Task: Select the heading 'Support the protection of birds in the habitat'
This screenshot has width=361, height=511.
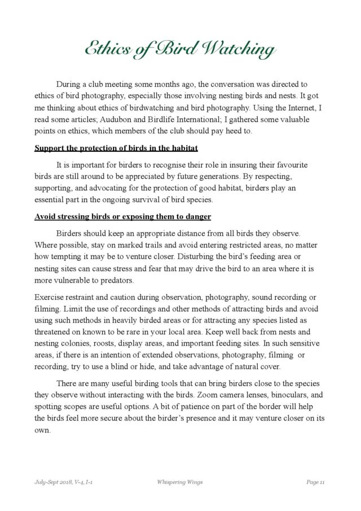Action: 115,149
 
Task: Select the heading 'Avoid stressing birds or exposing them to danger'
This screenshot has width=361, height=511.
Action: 122,217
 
